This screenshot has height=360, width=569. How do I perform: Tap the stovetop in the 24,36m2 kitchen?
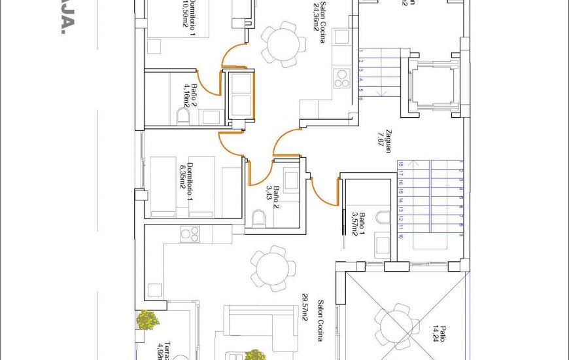coord(342,78)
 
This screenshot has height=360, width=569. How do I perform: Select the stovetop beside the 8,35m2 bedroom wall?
coord(190,233)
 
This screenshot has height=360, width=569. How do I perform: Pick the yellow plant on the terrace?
coord(148,320)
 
